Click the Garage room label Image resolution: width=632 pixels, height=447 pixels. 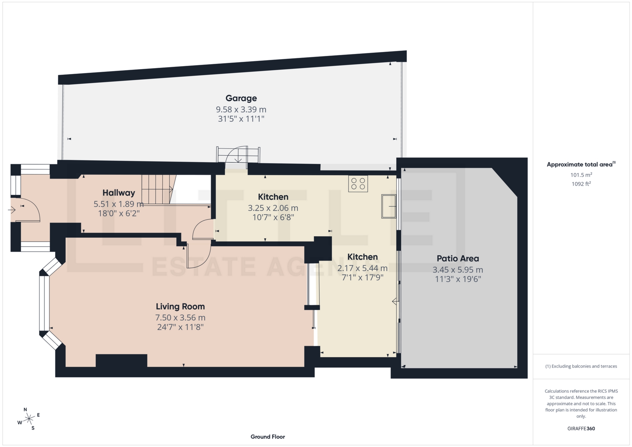tap(241, 98)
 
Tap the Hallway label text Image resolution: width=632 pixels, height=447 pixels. tap(118, 193)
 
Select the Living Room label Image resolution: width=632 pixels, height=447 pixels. tap(180, 306)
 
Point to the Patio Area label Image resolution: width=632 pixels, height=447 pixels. tap(458, 258)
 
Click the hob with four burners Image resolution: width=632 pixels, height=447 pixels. tap(358, 184)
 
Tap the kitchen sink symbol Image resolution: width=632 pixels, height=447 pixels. tap(388, 206)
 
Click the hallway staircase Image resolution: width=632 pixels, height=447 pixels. tap(157, 189)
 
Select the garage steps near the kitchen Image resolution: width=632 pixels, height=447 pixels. tap(238, 155)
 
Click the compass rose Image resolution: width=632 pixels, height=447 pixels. tap(29, 419)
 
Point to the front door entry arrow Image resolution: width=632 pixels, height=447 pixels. tap(12, 209)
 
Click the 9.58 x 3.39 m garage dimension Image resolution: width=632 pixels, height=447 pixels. tap(241, 109)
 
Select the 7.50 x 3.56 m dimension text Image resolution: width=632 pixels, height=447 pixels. tap(180, 318)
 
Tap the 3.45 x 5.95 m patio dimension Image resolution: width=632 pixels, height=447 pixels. tap(458, 270)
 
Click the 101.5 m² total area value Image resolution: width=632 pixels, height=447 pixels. tap(581, 175)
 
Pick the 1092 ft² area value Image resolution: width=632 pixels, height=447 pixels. tap(581, 184)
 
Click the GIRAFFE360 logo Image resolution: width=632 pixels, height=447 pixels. tap(581, 429)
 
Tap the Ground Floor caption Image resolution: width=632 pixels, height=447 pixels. tap(268, 437)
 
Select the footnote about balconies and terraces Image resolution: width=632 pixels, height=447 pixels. tap(581, 366)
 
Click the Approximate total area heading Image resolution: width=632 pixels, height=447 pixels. tap(581, 165)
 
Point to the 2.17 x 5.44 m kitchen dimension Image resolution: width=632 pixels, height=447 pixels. tap(362, 268)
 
